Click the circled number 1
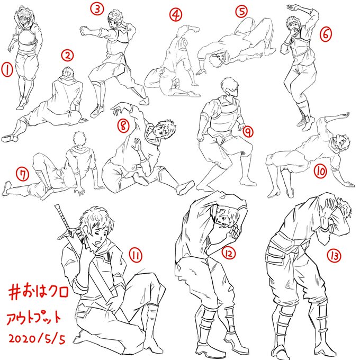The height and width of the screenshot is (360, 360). tap(7, 70)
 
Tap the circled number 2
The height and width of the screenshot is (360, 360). tap(68, 56)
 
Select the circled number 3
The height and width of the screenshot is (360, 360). tap(97, 9)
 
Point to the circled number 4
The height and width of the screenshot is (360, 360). tap(176, 15)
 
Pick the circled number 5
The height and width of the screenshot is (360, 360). tap(241, 11)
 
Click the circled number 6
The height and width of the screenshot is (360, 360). tap(326, 34)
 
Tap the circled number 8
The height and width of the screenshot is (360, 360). tap(123, 126)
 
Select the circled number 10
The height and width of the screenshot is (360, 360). tap(321, 172)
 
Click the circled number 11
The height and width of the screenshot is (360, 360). tap(136, 255)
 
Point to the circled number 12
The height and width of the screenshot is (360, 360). tap(229, 253)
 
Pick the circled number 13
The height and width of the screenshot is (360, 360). tap(334, 256)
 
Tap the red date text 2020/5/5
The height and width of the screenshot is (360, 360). tap(37, 339)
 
